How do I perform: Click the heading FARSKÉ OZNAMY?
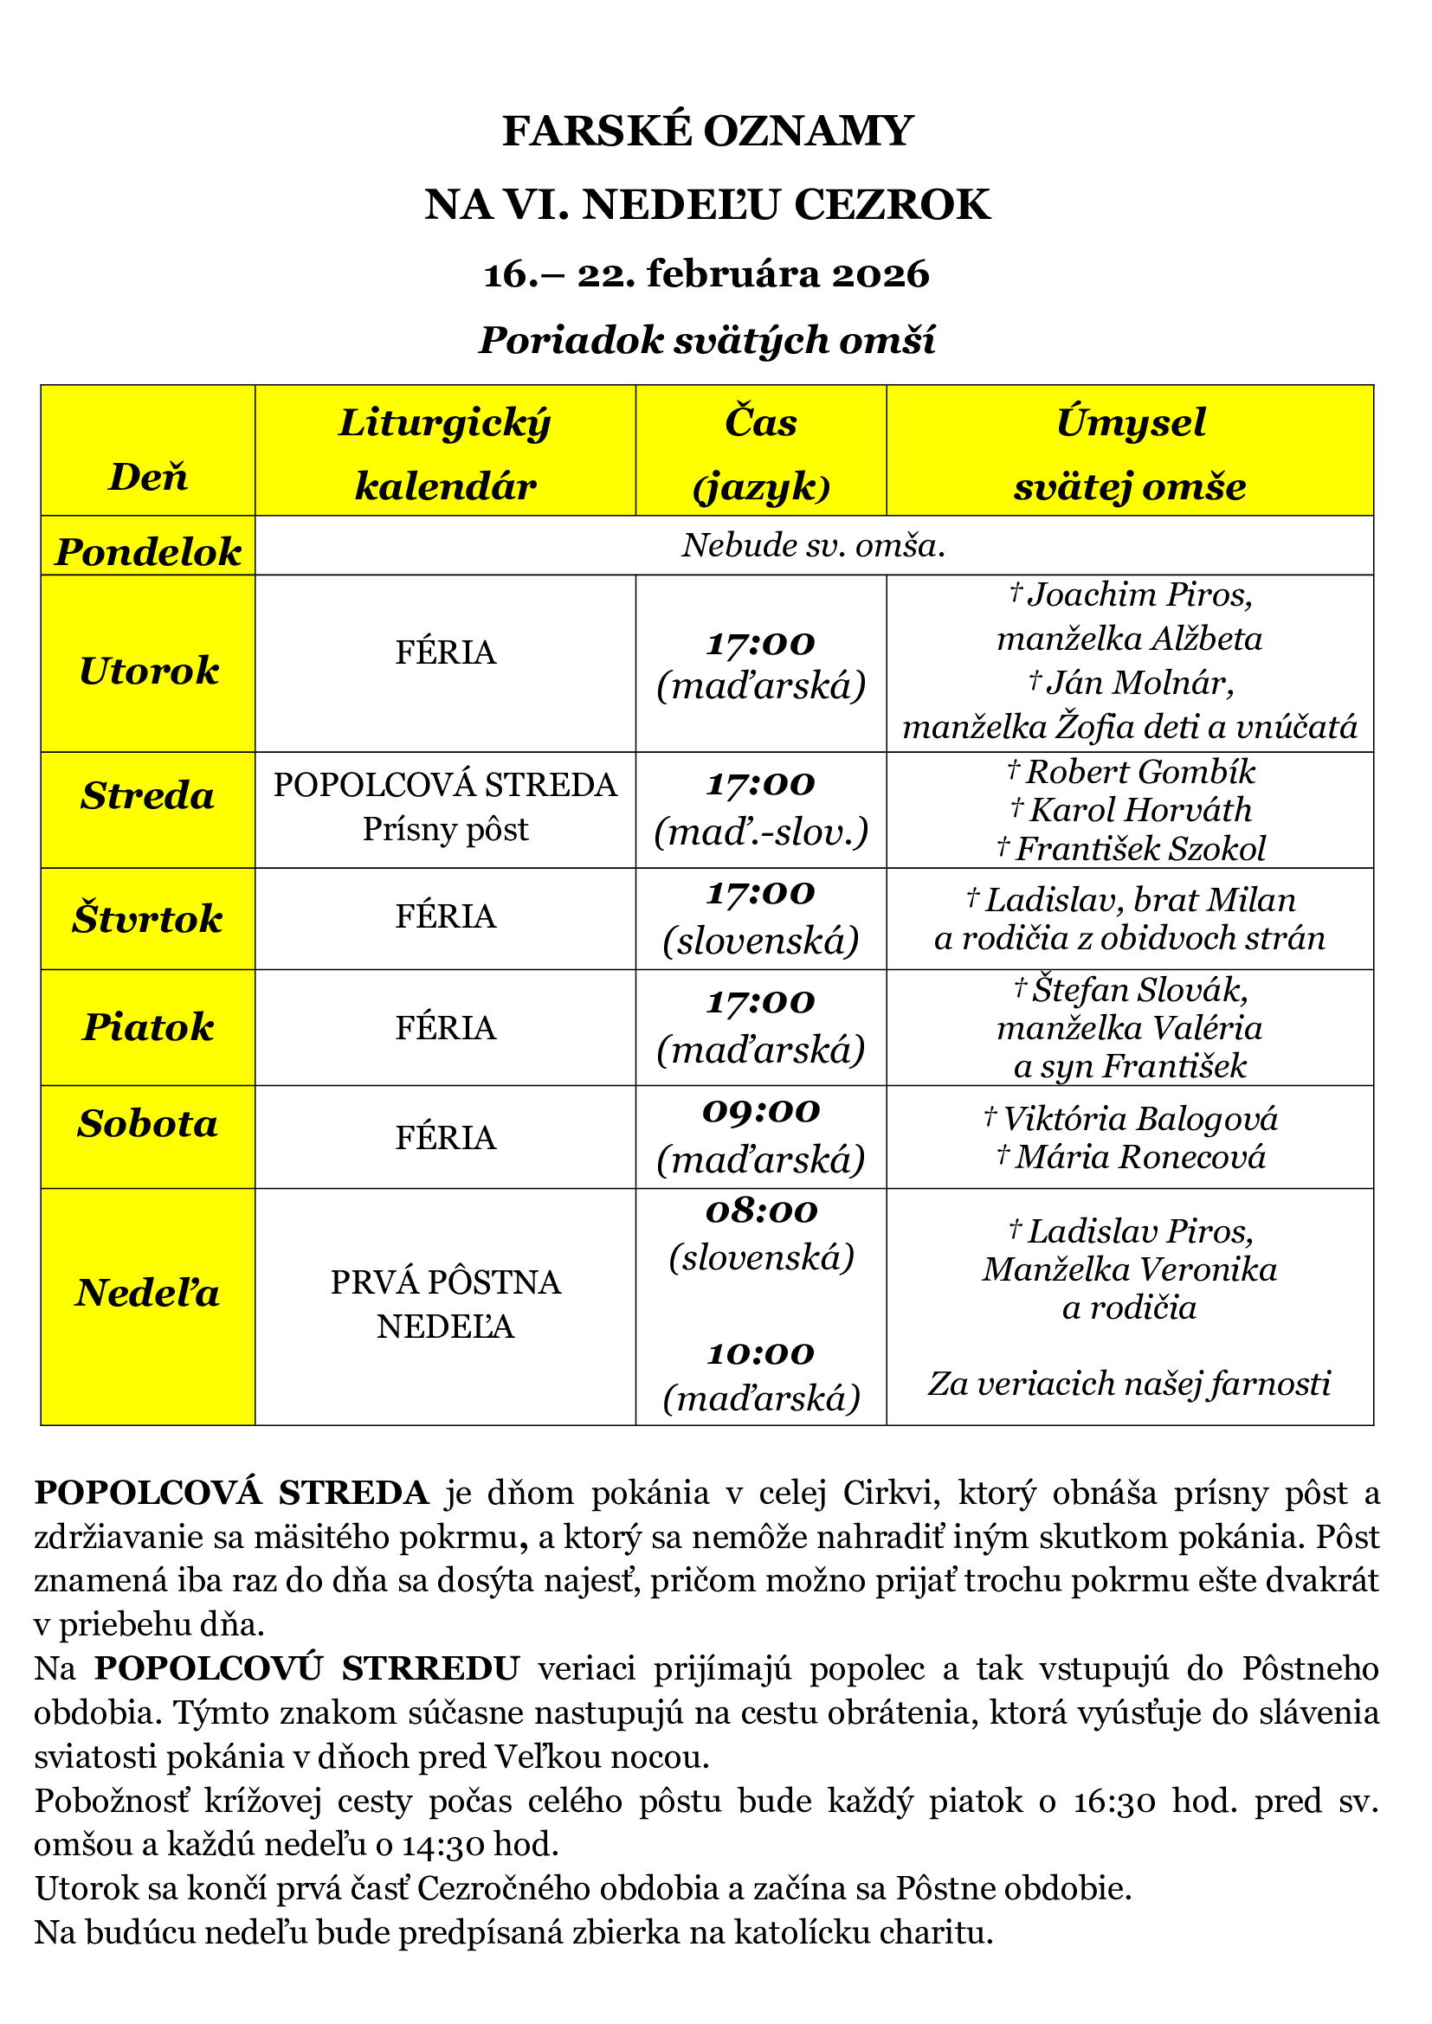[x=707, y=132]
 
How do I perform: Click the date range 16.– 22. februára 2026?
[x=707, y=274]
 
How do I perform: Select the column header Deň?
[x=148, y=477]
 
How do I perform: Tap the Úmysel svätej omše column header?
[x=1130, y=453]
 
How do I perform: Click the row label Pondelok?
[x=148, y=552]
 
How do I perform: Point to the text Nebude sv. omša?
[x=813, y=546]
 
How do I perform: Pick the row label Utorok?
[x=148, y=671]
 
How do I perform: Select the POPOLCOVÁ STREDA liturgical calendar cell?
[x=445, y=785]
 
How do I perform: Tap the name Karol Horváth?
[x=1140, y=810]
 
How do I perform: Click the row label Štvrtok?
[x=148, y=919]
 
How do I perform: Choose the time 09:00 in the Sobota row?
[x=761, y=1112]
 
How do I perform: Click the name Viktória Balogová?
[x=1139, y=1119]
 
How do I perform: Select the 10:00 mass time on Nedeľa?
[x=761, y=1354]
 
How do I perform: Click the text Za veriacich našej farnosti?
[x=1130, y=1384]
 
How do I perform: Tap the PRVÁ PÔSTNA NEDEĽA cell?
[x=445, y=1305]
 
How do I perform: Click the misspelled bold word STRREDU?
[x=430, y=1668]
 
